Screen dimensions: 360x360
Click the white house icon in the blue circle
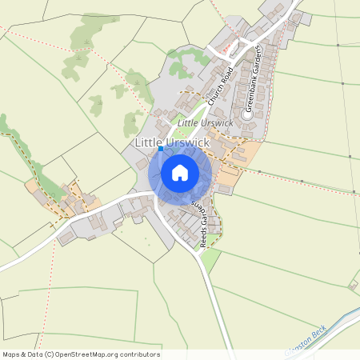point(179,172)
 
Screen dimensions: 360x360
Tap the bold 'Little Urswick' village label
point(172,142)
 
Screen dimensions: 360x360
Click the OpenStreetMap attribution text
point(81,354)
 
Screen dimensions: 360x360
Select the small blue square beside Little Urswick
point(161,148)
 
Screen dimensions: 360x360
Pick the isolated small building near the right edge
point(352,284)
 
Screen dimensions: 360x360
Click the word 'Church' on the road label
point(213,98)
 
